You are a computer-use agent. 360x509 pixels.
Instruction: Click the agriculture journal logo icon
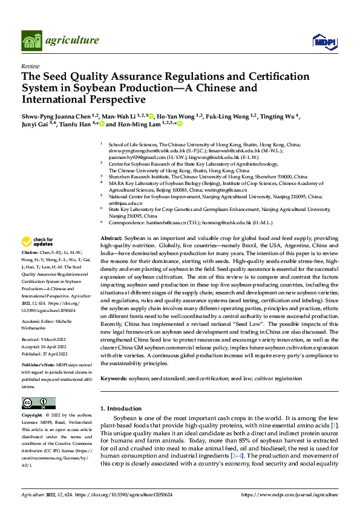point(31,41)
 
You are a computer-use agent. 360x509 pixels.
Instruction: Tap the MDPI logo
point(324,41)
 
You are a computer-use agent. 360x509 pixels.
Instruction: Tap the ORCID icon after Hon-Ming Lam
point(180,125)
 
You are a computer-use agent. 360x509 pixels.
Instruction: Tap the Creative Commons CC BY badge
point(39,403)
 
